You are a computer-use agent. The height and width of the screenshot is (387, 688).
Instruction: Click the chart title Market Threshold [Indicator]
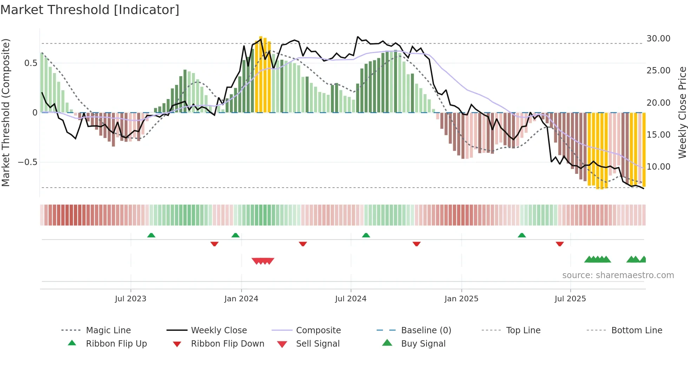coord(90,10)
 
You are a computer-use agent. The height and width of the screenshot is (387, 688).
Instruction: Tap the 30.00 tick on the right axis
coord(658,39)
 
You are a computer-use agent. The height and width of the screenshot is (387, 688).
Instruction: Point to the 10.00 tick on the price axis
coord(658,167)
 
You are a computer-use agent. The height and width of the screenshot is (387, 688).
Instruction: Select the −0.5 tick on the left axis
coord(27,162)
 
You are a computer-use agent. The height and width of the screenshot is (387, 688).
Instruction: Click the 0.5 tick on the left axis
coord(31,63)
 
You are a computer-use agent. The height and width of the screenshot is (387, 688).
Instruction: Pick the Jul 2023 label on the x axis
coord(131,299)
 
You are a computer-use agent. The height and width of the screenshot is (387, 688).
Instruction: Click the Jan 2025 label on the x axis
coord(461,299)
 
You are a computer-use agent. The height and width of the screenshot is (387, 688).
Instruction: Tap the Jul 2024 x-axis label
coord(351,299)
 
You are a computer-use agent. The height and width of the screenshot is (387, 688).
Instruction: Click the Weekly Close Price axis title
coord(682,112)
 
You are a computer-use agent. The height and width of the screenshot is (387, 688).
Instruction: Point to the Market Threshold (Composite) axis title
coord(6,112)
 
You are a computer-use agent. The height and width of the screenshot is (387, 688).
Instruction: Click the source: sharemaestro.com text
coord(618,275)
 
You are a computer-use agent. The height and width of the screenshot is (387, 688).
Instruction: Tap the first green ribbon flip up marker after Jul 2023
coord(151,235)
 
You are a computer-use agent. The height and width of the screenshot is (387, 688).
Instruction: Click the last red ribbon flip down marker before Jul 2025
coord(560,244)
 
